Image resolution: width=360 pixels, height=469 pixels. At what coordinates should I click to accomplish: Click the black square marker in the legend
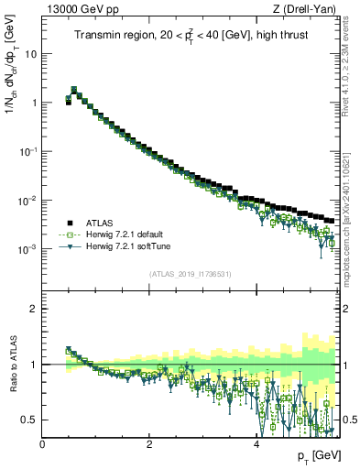point(68,223)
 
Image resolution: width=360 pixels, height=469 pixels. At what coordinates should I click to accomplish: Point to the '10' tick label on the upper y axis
point(31,53)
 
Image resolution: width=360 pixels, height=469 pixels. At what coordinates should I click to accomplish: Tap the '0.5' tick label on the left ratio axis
point(31,420)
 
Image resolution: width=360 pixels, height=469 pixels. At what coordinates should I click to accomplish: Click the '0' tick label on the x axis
point(42,444)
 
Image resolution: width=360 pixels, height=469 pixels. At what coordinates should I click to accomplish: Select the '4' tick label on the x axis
point(256,444)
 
